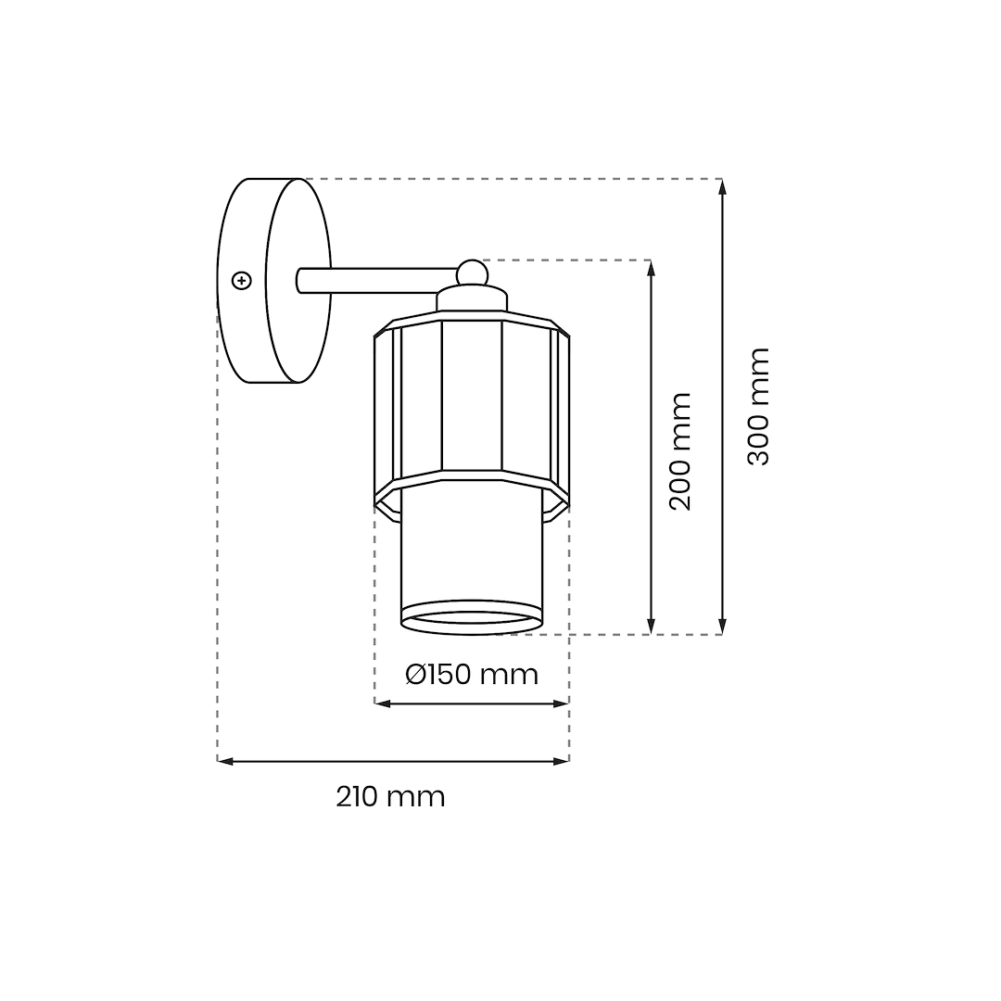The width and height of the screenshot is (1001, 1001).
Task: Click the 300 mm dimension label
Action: (758, 406)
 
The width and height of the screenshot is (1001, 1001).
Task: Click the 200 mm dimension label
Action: (680, 451)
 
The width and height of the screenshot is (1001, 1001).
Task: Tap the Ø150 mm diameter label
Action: (472, 674)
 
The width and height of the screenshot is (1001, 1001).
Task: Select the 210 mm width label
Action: (390, 797)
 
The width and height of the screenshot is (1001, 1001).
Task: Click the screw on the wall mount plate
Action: (241, 280)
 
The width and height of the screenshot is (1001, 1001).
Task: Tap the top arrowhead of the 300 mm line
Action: (722, 185)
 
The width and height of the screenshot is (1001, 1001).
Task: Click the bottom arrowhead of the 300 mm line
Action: (722, 627)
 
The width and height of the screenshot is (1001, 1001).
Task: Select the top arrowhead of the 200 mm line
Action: (652, 268)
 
